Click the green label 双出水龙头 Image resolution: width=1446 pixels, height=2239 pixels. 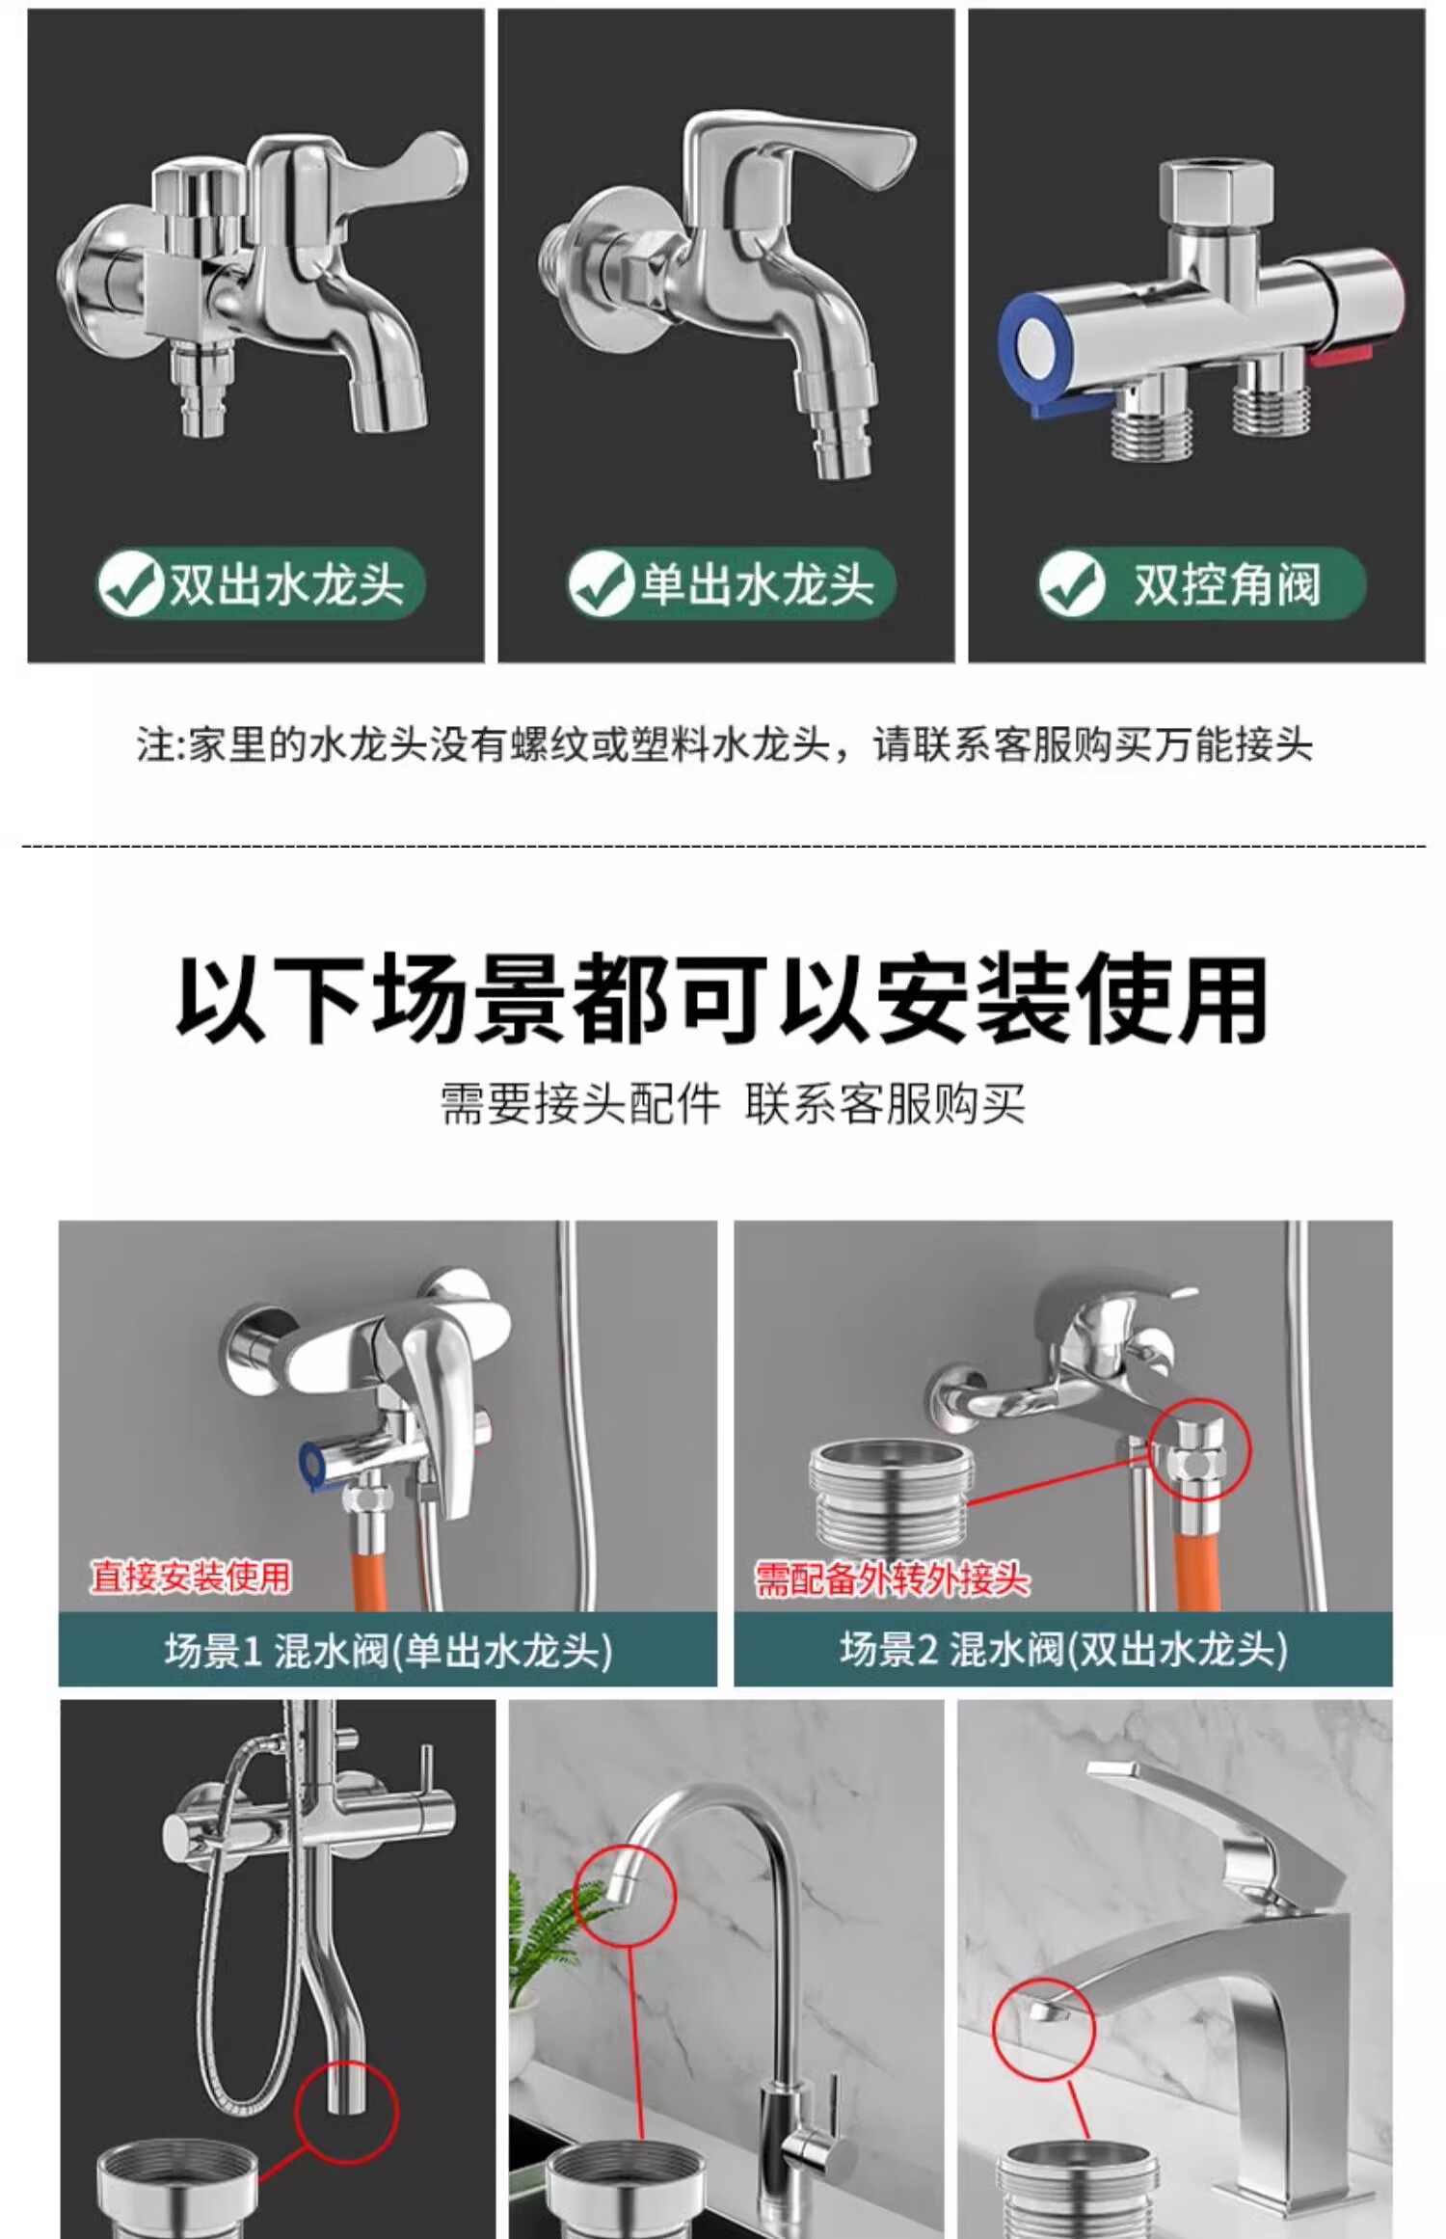pos(259,584)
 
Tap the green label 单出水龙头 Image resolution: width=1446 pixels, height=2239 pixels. pos(730,584)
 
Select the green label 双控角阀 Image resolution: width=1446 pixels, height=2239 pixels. pos(1201,584)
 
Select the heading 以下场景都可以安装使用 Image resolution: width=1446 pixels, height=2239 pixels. pos(722,1001)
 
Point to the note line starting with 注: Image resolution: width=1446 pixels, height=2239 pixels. pos(724,745)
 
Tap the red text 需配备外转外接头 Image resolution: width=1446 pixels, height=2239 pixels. pos(892,1579)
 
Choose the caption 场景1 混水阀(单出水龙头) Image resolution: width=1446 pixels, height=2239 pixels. pos(388,1651)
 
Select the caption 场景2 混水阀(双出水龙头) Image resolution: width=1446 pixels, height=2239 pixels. pos(1063,1651)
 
